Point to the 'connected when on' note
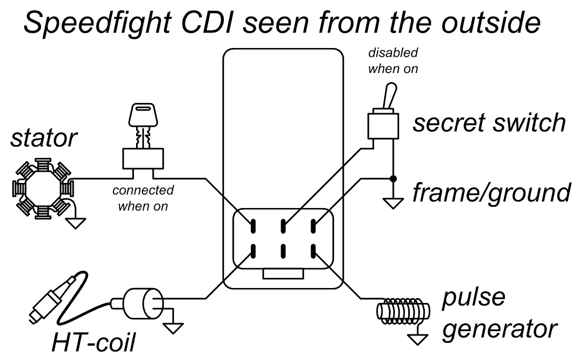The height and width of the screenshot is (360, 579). (142, 198)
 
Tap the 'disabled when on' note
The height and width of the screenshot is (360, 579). (393, 61)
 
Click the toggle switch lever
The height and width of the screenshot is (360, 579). (391, 96)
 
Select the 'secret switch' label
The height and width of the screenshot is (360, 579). (489, 123)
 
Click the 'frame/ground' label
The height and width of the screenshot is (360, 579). (491, 191)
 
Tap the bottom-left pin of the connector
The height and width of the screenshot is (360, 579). (253, 249)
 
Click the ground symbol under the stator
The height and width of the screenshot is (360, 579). (75, 221)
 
